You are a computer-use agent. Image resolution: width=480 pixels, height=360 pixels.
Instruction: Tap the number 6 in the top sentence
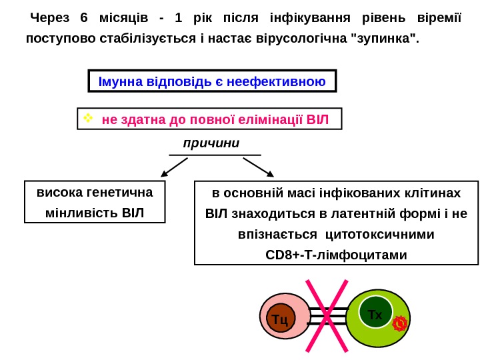pos(83,17)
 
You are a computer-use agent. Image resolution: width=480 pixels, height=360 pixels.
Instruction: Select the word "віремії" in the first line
pos(438,17)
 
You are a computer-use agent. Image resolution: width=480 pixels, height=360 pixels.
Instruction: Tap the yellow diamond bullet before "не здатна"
pos(87,119)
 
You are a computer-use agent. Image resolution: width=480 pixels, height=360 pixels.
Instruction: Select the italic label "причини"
pos(211,143)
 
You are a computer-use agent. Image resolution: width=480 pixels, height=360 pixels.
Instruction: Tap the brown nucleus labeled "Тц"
pos(281,319)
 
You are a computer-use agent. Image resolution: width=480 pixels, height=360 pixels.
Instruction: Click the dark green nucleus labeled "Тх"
pos(375,313)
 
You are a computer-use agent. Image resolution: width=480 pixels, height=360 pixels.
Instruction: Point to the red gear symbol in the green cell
pos(399,323)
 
